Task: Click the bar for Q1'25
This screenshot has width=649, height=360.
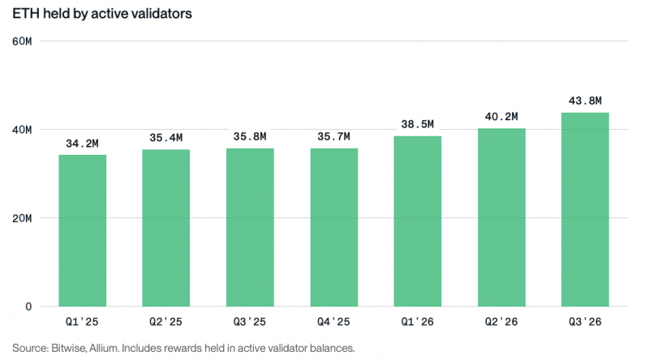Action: click(83, 230)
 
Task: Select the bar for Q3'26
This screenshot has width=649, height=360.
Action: click(585, 209)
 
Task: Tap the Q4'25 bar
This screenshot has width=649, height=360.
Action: click(334, 227)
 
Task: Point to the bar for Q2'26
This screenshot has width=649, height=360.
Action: click(501, 217)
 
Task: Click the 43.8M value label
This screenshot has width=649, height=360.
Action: click(585, 101)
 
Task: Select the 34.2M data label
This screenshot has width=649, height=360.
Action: click(83, 144)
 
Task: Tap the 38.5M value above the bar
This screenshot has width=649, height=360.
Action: click(417, 124)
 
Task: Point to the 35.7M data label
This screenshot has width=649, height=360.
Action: click(333, 136)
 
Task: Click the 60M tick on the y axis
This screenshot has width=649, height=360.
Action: click(22, 41)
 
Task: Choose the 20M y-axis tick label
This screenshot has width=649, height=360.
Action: click(22, 218)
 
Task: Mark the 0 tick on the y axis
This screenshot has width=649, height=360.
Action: click(28, 306)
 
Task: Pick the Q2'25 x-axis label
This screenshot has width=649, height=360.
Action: click(166, 322)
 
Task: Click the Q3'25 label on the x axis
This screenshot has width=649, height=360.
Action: click(250, 322)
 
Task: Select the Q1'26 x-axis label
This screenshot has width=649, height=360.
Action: click(417, 322)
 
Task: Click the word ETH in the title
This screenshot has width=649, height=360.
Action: click(26, 14)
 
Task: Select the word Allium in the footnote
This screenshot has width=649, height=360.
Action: click(105, 348)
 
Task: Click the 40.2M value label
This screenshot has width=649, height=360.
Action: click(501, 117)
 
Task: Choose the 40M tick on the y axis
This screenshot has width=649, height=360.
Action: click(22, 130)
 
